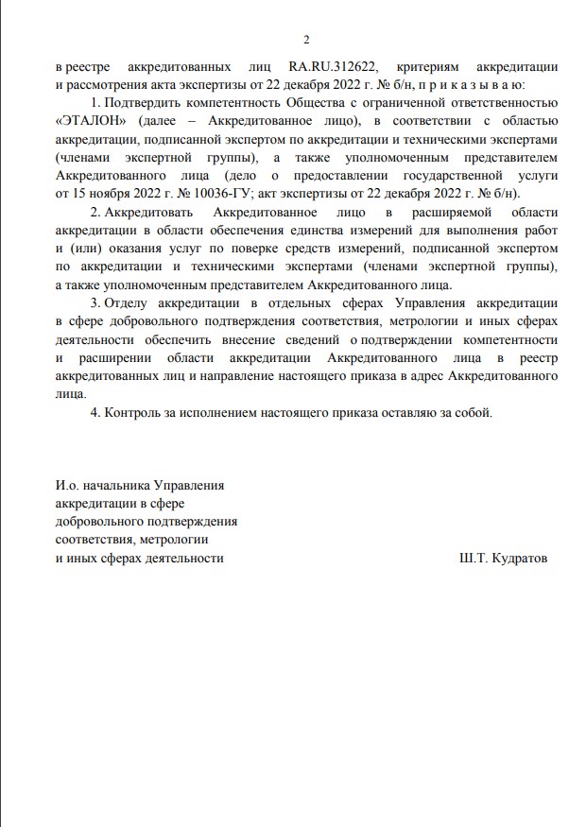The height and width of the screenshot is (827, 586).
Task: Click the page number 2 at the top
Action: click(x=305, y=39)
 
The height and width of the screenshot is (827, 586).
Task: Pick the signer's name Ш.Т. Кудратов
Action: click(x=500, y=558)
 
